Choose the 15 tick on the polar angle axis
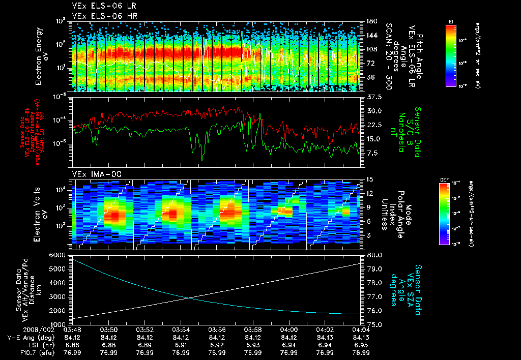point(369,179)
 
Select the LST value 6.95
point(361,344)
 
